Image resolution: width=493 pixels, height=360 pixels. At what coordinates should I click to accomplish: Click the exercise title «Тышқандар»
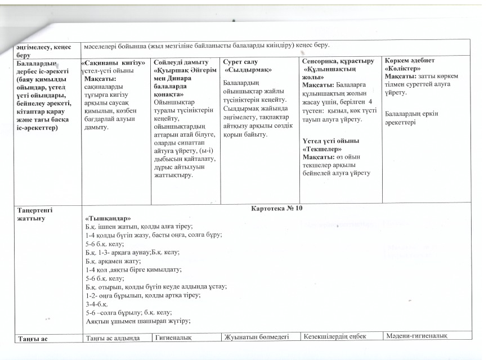pyautogui.click(x=107, y=218)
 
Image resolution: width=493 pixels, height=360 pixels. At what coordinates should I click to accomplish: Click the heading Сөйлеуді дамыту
pyautogui.click(x=181, y=61)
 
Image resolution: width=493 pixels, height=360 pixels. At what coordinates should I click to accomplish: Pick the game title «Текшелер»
pyautogui.click(x=322, y=150)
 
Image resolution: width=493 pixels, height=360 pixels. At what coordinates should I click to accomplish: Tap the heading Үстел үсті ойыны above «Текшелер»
pyautogui.click(x=330, y=141)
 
